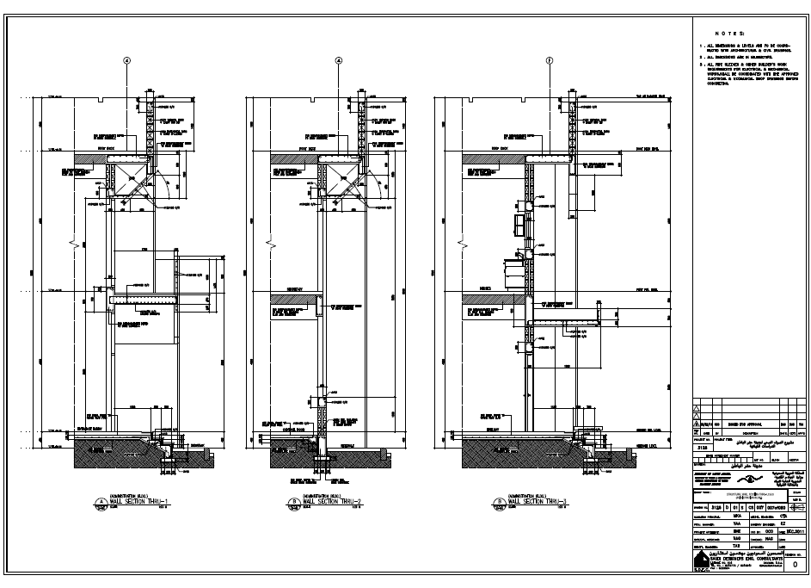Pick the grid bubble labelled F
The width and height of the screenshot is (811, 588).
click(550, 61)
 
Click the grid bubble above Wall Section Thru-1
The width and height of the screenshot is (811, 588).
click(126, 61)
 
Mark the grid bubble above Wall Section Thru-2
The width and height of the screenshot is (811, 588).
click(338, 61)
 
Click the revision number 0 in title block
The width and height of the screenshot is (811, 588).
click(793, 565)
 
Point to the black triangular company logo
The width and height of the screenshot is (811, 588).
click(701, 560)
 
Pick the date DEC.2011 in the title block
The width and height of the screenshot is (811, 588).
click(794, 533)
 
